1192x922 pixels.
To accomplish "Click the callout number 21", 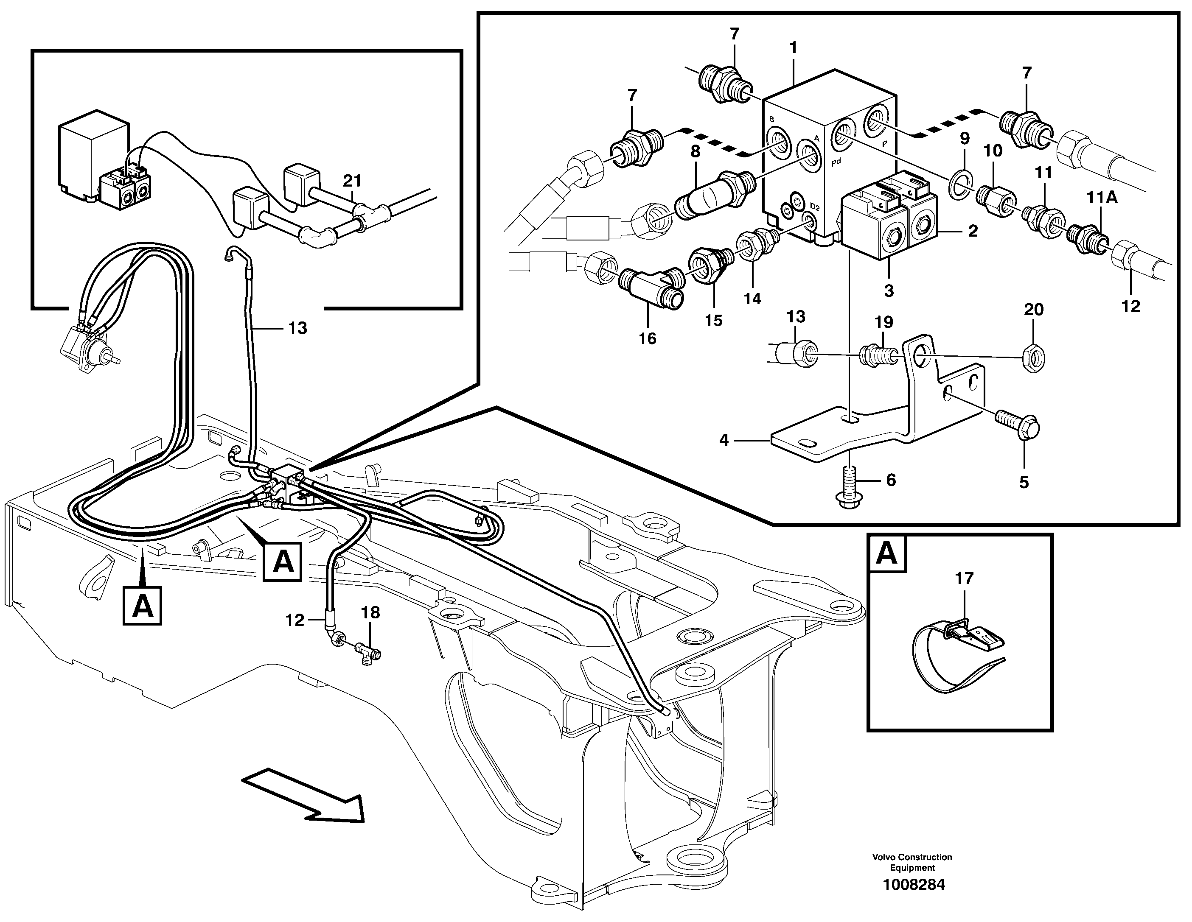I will click(353, 181).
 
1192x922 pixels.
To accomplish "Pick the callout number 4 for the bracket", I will click(724, 440).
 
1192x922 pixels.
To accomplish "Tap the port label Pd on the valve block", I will click(836, 162).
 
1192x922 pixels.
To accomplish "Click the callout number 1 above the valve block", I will click(793, 48).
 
